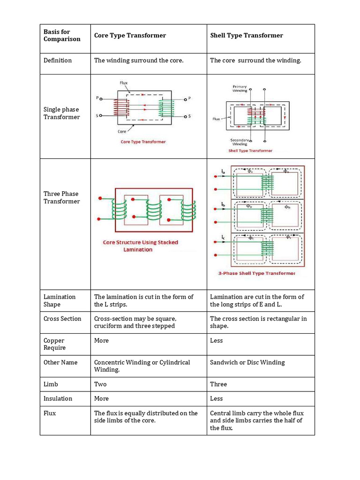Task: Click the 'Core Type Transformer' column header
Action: (130, 36)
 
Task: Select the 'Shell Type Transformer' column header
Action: (247, 36)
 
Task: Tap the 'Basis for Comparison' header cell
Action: (62, 35)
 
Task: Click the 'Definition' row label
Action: (58, 60)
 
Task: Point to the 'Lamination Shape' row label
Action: (60, 300)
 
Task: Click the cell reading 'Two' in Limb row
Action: (100, 384)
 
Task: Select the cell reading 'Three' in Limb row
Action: (218, 384)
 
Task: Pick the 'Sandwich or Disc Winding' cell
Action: (247, 362)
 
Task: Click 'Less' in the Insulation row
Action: (216, 399)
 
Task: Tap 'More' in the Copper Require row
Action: (101, 341)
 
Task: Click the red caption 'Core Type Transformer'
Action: (143, 142)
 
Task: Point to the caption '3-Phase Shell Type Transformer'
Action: (256, 273)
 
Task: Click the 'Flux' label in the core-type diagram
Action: (123, 83)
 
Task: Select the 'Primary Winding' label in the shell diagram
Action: (240, 89)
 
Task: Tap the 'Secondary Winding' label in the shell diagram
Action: (239, 142)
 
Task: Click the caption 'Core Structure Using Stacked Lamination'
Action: (140, 246)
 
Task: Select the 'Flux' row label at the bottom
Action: (50, 413)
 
